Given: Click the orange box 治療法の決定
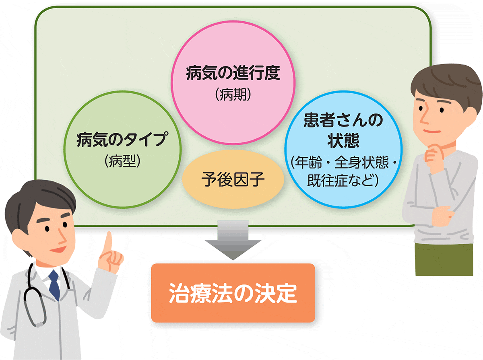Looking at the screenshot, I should [x=233, y=293].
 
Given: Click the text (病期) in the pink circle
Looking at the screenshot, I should [x=233, y=95].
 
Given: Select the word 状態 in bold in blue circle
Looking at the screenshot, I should [x=343, y=141].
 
